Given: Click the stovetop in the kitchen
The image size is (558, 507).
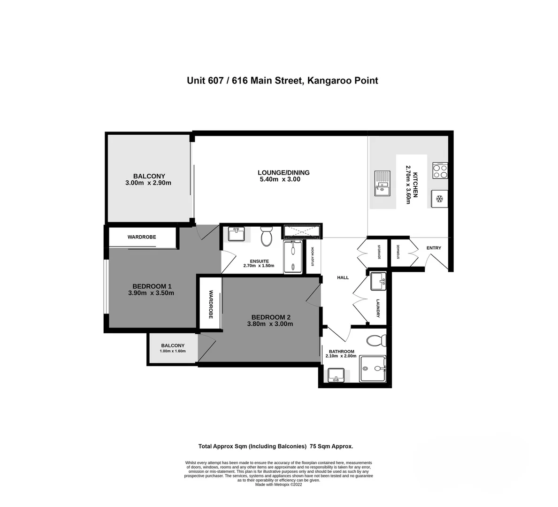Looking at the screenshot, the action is (x=440, y=170).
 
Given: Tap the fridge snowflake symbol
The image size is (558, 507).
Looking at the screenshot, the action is (x=440, y=199).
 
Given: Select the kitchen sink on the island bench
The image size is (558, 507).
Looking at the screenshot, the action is (x=382, y=184).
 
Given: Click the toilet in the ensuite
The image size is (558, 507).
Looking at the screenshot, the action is (x=266, y=236).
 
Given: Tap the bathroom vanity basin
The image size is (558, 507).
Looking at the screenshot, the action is (x=336, y=375).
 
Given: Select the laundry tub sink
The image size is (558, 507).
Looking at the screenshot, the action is (x=379, y=281).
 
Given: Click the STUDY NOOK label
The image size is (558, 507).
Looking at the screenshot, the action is (x=313, y=256).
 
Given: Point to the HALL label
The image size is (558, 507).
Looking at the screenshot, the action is (x=343, y=277).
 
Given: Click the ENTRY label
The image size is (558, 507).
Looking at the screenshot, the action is (x=434, y=248).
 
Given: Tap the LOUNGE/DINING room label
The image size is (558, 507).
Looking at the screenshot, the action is (x=283, y=173).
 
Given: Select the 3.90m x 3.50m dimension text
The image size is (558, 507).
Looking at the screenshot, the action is (x=151, y=293).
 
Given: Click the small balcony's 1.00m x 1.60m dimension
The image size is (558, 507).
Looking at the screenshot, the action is (x=173, y=351).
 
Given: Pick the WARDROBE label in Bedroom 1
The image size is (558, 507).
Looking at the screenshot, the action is (x=142, y=237).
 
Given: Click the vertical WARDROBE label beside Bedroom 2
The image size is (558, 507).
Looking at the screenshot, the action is (x=211, y=304).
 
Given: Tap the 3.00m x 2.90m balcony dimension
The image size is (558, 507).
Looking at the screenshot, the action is (x=148, y=183).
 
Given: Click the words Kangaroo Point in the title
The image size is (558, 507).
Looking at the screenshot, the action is (x=342, y=81).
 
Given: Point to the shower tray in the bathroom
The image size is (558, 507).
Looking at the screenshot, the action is (x=373, y=369).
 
